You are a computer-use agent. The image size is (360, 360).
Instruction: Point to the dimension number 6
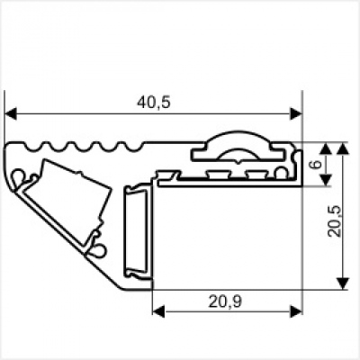pos(314,164)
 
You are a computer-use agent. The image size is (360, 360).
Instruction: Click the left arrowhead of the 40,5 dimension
pos(12,113)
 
